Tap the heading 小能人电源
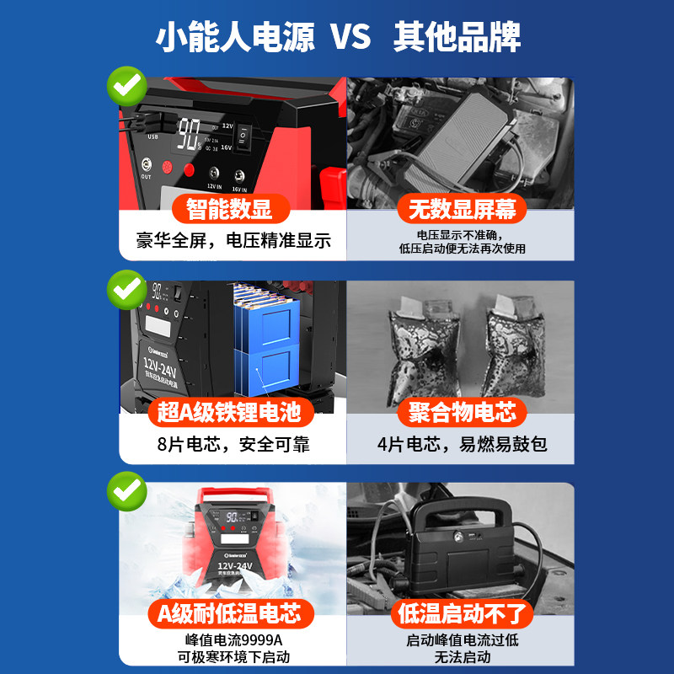coord(235,38)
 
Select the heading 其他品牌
coord(457,38)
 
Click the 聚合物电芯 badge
coord(462,412)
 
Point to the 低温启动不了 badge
coord(462,613)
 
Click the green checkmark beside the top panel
coord(126,87)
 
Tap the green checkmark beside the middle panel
coord(126,289)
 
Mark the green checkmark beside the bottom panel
coord(126,490)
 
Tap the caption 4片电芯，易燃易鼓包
coord(462,443)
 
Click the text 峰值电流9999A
coord(233,639)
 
